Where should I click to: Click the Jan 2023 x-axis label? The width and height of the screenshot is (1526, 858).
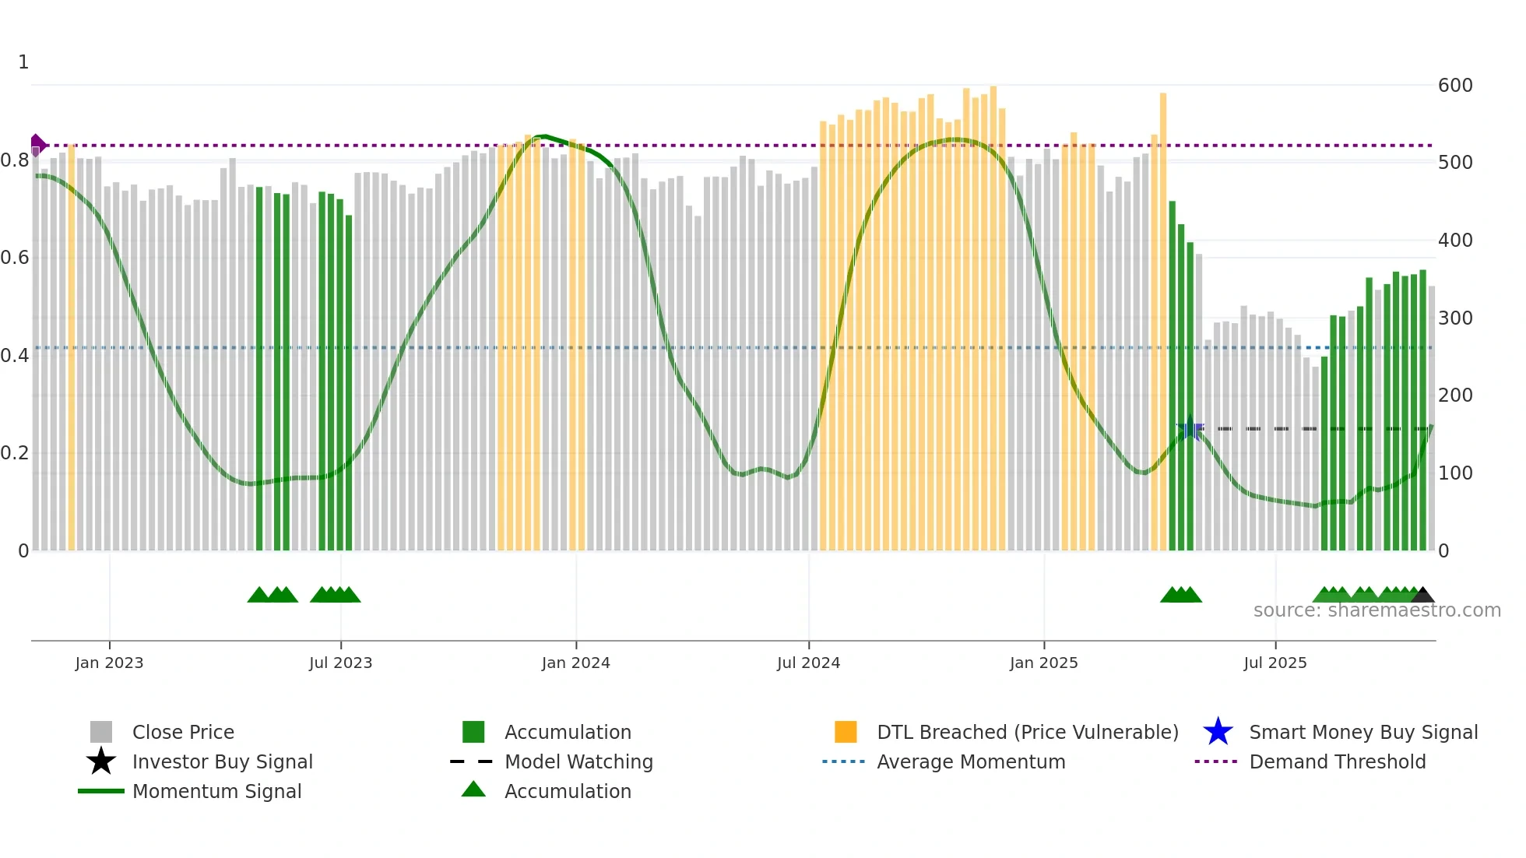[109, 663]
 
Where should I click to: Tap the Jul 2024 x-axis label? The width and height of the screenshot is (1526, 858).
[808, 663]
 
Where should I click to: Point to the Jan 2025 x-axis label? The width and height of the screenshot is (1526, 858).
[1043, 663]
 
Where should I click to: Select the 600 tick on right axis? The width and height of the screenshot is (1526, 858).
[1454, 86]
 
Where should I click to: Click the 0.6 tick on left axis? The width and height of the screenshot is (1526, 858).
[14, 258]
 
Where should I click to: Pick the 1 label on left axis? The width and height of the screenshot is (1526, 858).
[23, 62]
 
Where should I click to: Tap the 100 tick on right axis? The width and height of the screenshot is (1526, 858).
[1454, 473]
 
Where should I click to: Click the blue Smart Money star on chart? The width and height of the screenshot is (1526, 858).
[1189, 428]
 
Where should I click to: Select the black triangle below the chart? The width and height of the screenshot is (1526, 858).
[1422, 596]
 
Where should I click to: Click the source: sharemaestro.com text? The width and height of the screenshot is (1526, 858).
[1377, 610]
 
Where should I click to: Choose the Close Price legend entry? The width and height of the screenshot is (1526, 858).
[183, 732]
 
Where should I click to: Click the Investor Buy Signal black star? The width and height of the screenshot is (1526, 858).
[101, 761]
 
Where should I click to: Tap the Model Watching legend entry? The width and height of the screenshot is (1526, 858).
[578, 761]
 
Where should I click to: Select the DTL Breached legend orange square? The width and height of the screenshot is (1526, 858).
[846, 732]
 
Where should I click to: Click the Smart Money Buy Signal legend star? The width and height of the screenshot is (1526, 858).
[1218, 732]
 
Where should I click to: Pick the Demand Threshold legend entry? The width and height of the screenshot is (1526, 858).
[1337, 761]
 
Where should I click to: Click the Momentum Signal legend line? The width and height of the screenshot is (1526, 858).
[101, 791]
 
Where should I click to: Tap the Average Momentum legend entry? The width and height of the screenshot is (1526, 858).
[970, 761]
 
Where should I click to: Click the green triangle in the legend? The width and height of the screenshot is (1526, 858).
[473, 790]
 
